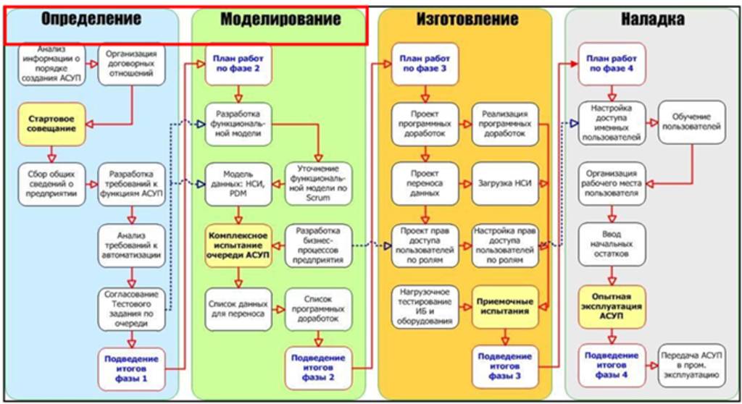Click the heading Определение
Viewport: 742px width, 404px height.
91,19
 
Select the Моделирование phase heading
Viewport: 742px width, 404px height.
280,20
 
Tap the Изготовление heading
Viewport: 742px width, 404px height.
467,19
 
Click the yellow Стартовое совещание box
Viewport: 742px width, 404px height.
52,123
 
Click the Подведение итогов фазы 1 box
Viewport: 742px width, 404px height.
131,367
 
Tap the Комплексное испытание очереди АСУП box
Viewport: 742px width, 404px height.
238,245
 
